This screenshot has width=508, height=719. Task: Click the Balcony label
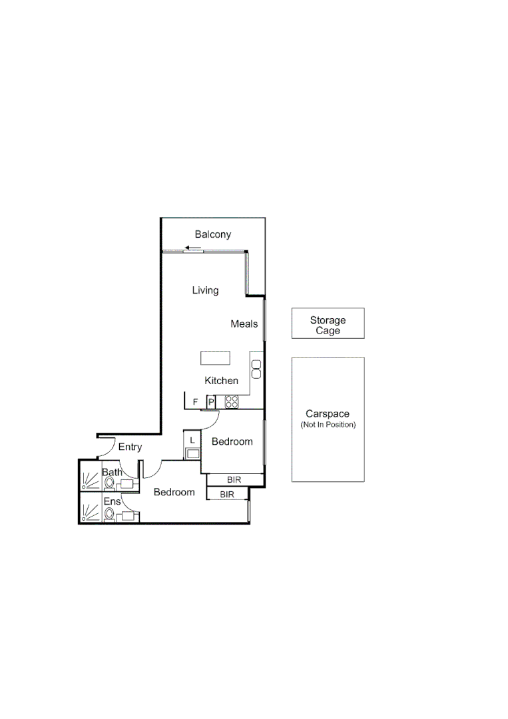coord(212,234)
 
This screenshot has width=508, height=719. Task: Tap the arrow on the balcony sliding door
coord(193,248)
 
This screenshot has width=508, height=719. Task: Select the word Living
coord(205,290)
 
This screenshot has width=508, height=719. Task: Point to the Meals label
coord(244,324)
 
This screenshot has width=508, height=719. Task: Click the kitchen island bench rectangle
coord(215,358)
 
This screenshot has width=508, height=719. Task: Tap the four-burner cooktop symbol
coord(232,401)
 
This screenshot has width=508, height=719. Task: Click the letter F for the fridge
coord(195,402)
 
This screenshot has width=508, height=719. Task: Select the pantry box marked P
coord(210,402)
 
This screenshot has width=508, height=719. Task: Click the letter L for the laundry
coord(192,440)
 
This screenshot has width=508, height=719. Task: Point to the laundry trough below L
coord(192,454)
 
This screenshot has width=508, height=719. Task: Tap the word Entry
coord(130,447)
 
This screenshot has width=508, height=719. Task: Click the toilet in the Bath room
coord(109,482)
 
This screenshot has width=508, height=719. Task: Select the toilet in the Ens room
coord(109,513)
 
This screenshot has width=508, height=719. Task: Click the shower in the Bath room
coord(89,479)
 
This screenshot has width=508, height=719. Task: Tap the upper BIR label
coord(234,479)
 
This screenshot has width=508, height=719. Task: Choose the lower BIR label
coord(226,495)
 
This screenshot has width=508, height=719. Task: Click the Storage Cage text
coord(328,326)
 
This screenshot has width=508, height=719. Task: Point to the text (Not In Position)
coord(328,425)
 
